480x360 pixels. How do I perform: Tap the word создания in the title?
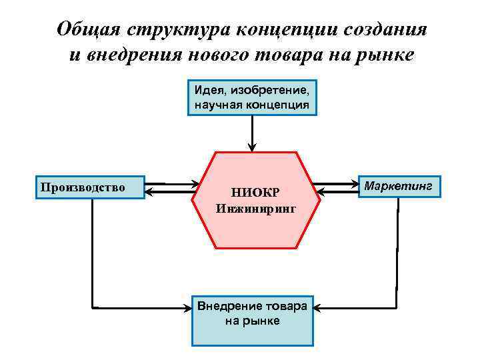pos(388,30)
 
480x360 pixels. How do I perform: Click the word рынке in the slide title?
pos(385,54)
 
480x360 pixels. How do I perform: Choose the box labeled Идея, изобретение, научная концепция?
pos(251,97)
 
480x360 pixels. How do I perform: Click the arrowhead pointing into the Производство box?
pos(150,192)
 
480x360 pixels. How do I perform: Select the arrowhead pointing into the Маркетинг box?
pos(353,183)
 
